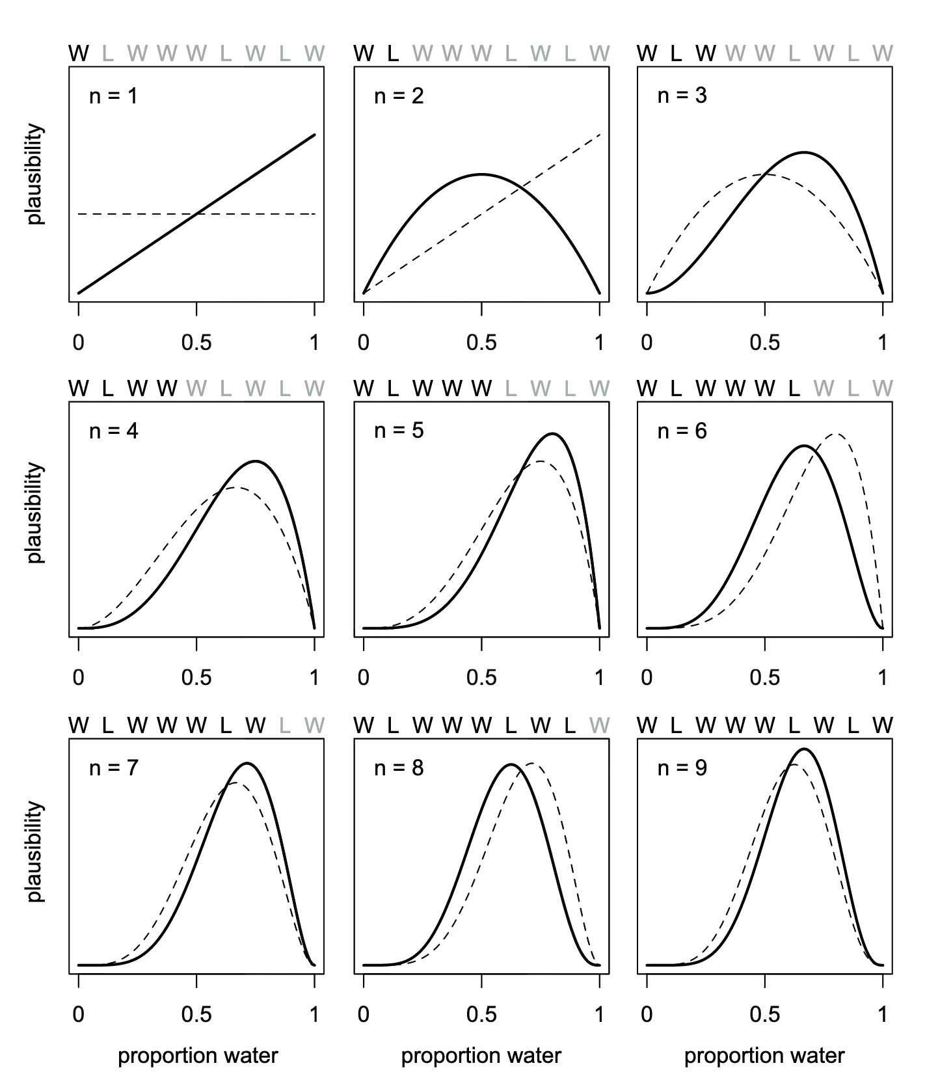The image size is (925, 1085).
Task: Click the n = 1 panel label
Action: pyautogui.click(x=113, y=96)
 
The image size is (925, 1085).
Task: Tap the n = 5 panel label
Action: pyautogui.click(x=399, y=431)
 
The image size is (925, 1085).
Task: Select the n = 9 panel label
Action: pyautogui.click(x=682, y=768)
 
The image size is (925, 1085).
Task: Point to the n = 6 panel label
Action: pyautogui.click(x=682, y=431)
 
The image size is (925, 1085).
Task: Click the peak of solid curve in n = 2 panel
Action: pyautogui.click(x=481, y=174)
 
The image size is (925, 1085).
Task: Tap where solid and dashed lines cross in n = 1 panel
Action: pyautogui.click(x=196, y=213)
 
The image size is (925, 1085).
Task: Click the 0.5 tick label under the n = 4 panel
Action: pyautogui.click(x=196, y=678)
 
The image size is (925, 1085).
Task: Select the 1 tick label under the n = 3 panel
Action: pyautogui.click(x=883, y=343)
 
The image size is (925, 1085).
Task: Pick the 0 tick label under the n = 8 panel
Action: pyautogui.click(x=364, y=1015)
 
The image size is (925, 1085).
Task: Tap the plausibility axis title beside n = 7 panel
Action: pyautogui.click(x=36, y=851)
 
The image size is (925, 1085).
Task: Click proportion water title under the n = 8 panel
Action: pyautogui.click(x=481, y=1056)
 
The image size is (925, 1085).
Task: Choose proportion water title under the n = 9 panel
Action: pyautogui.click(x=764, y=1056)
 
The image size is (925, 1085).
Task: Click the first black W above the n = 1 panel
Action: pyautogui.click(x=79, y=53)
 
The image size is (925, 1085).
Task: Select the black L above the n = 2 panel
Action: pyautogui.click(x=393, y=53)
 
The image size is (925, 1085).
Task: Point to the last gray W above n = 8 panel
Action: pyautogui.click(x=599, y=725)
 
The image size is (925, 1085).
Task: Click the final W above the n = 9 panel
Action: pyautogui.click(x=883, y=725)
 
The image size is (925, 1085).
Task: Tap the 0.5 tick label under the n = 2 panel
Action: pyautogui.click(x=481, y=343)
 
